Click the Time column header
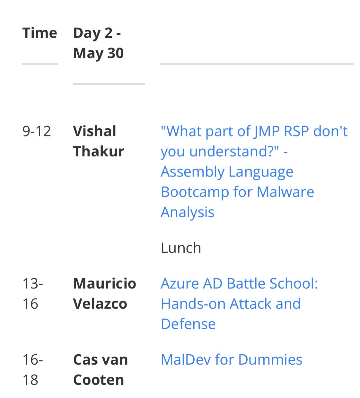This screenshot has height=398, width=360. coord(40,33)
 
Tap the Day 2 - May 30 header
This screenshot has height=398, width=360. coord(98,43)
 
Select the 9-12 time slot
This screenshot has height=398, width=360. coord(37,131)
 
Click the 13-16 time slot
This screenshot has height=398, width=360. coord(32,293)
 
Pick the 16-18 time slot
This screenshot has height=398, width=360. coord(32,369)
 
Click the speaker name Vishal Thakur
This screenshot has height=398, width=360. coord(98,141)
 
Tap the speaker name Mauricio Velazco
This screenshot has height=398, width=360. coord(104,293)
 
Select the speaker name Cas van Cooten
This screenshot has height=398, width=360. coord(100,369)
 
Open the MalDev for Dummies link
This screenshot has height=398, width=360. coord(231,359)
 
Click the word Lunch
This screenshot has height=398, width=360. coord(181,248)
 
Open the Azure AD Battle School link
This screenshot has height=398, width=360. coord(239,284)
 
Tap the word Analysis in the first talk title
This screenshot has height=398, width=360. coord(188,212)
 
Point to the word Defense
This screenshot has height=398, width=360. coord(188,324)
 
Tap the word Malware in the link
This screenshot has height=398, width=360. coord(285,192)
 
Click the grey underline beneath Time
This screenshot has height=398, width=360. coord(40,64)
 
